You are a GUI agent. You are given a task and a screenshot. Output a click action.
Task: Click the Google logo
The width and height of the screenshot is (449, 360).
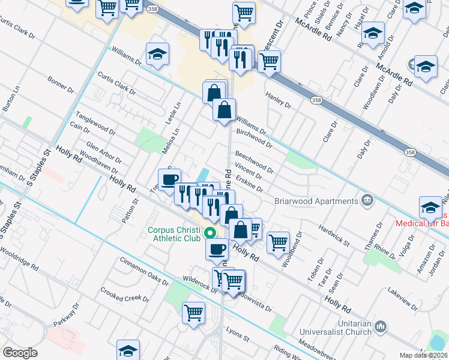coord(20,353)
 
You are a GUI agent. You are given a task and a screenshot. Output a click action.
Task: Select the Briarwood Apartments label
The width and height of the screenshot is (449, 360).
coord(316,201)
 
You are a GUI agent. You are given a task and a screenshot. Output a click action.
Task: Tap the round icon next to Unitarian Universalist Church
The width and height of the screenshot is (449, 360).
coord(380,326)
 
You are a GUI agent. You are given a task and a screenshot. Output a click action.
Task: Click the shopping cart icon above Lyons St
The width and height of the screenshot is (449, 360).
coord(194,312)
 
